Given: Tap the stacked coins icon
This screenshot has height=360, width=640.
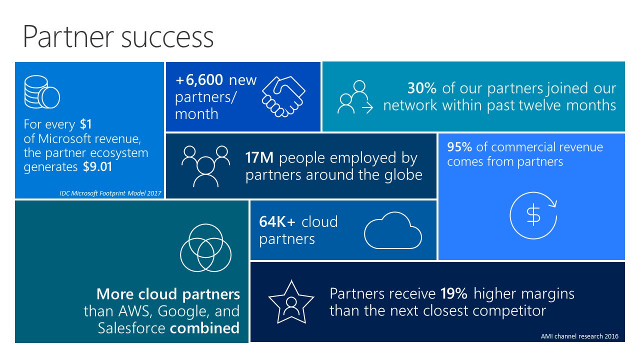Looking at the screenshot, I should (x=42, y=92).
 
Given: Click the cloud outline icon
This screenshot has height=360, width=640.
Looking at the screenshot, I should (x=393, y=231).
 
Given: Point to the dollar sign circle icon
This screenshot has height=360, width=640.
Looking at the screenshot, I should (x=533, y=215).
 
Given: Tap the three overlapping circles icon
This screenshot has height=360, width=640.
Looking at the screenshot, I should (x=205, y=248).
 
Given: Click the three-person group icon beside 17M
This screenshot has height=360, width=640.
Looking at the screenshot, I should (x=205, y=164).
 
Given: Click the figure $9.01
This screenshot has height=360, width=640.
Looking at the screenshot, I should (x=97, y=167).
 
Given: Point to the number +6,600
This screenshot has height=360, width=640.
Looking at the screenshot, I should (x=199, y=80).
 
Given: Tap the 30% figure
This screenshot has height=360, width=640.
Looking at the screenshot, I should (x=422, y=88).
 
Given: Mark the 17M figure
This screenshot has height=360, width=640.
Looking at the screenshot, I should (x=259, y=158).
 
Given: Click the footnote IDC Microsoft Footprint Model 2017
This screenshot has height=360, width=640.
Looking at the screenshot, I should (x=110, y=192).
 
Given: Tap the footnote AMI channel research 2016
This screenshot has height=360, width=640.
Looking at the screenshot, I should (x=579, y=336).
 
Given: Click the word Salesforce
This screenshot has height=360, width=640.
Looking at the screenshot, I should (x=131, y=328).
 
